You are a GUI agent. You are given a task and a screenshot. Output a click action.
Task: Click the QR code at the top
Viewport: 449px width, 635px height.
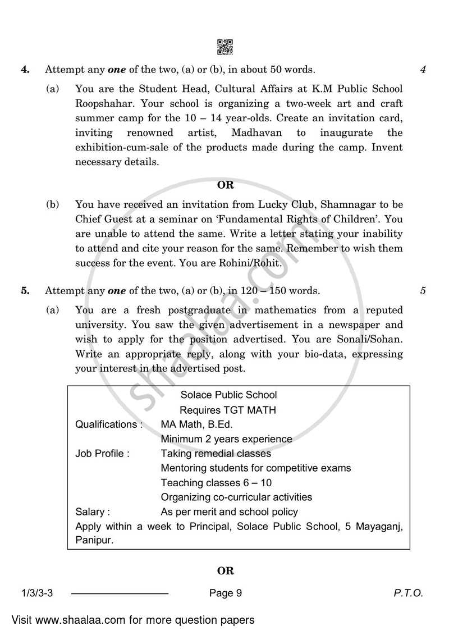[224, 47]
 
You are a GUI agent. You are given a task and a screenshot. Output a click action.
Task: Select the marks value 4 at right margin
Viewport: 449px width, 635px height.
[423, 70]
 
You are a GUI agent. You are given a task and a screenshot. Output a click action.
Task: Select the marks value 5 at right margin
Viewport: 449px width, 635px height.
[423, 291]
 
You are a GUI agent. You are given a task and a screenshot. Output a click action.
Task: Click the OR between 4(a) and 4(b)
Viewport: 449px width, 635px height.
[225, 185]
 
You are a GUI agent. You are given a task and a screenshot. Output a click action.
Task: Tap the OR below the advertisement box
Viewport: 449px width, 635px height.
[225, 571]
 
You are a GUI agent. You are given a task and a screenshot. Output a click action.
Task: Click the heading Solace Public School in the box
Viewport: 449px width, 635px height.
[228, 395]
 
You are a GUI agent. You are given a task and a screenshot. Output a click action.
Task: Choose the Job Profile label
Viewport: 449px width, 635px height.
[102, 453]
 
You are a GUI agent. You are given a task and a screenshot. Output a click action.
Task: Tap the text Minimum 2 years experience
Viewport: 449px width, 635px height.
[226, 438]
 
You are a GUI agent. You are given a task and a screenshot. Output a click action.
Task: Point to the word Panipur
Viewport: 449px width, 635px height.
[94, 540]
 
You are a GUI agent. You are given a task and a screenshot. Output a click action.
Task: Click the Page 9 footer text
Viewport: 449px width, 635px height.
[224, 593]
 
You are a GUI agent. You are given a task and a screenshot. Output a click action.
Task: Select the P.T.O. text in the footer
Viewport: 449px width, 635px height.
[409, 593]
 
